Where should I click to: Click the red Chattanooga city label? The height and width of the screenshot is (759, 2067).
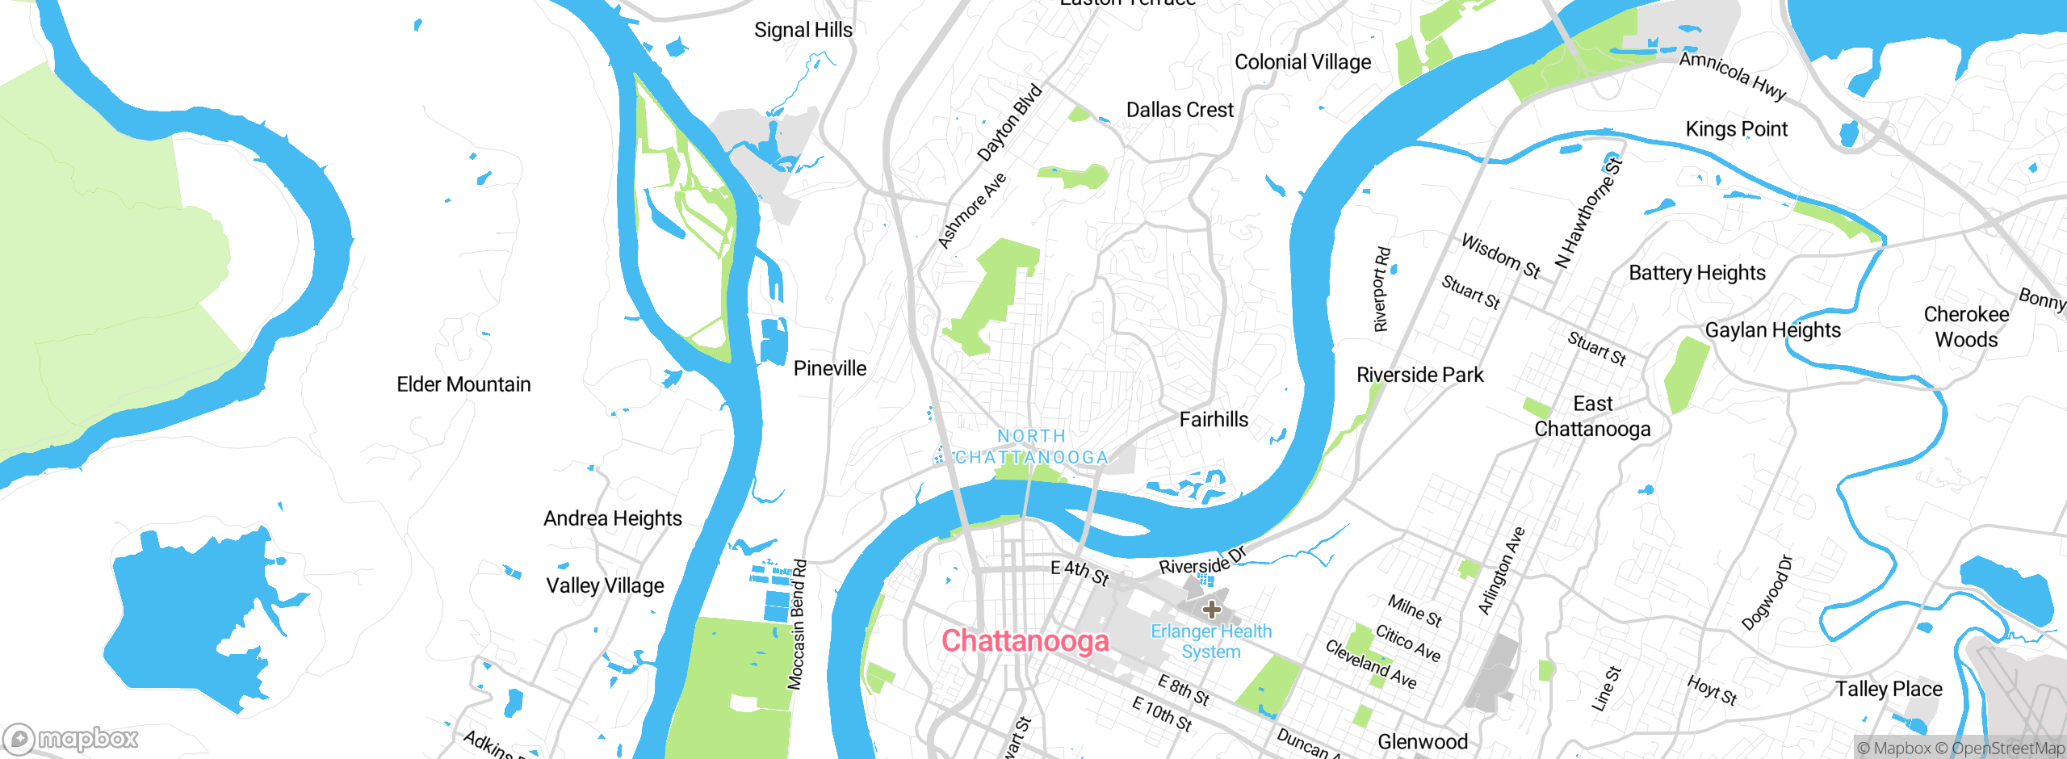pyautogui.click(x=1025, y=641)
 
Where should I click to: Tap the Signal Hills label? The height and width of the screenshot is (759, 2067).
pyautogui.click(x=803, y=31)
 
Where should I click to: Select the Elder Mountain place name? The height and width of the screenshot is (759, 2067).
pyautogui.click(x=463, y=384)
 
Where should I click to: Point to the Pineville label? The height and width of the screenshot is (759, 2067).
pyautogui.click(x=829, y=368)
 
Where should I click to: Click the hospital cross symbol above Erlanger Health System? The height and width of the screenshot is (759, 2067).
pyautogui.click(x=1211, y=610)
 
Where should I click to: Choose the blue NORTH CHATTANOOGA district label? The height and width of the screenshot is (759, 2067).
pyautogui.click(x=1031, y=447)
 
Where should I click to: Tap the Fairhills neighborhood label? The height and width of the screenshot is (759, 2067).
pyautogui.click(x=1214, y=419)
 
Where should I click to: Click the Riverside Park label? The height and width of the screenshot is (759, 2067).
pyautogui.click(x=1419, y=375)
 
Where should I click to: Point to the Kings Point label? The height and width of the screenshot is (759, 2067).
pyautogui.click(x=1736, y=129)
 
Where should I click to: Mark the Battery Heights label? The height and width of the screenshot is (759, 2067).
pyautogui.click(x=1696, y=273)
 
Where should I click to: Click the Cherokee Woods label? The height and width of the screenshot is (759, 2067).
pyautogui.click(x=1966, y=326)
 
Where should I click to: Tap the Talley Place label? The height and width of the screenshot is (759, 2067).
pyautogui.click(x=1889, y=689)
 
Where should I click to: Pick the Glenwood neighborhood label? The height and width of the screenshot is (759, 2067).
pyautogui.click(x=1422, y=741)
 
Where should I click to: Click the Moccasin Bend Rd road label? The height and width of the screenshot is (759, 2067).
pyautogui.click(x=797, y=624)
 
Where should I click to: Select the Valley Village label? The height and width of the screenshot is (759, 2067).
pyautogui.click(x=605, y=585)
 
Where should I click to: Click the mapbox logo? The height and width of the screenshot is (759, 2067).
pyautogui.click(x=71, y=738)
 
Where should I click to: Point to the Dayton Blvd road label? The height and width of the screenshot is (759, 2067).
pyautogui.click(x=1009, y=123)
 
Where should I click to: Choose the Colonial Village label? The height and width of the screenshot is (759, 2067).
pyautogui.click(x=1302, y=62)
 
